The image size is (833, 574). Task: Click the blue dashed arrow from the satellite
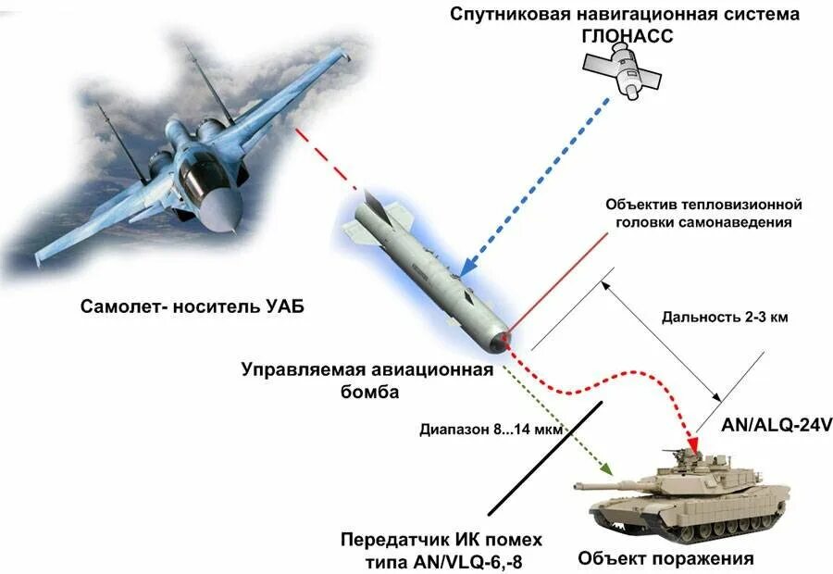pyautogui.click(x=537, y=176)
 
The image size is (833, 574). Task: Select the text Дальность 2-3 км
pyautogui.click(x=725, y=317)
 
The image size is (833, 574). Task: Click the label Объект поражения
pyautogui.click(x=665, y=558)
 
